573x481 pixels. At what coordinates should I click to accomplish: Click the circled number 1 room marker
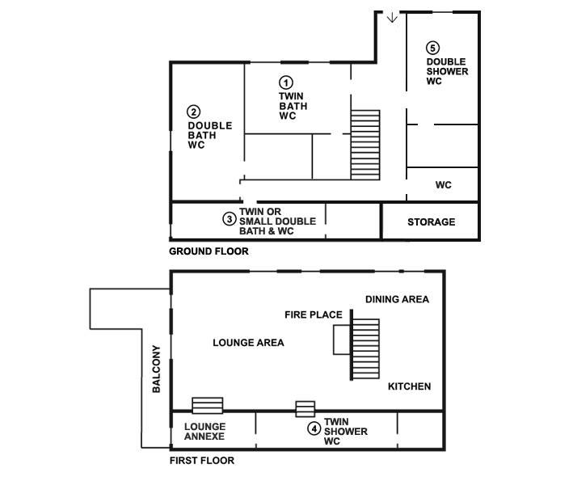coord(286,82)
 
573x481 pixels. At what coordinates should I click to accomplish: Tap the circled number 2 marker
coord(194,112)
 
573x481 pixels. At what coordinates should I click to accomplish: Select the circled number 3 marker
coord(230,219)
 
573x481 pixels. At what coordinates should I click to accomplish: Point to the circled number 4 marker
coord(314,428)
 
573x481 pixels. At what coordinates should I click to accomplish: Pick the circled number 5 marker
coord(432,48)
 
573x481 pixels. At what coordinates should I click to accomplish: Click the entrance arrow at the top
coord(392,17)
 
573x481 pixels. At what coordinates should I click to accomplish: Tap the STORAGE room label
coord(432,222)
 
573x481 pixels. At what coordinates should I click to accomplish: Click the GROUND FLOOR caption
coord(209,251)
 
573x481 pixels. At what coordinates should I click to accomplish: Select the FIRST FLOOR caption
coord(202,461)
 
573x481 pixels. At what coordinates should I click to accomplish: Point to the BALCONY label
coord(156,369)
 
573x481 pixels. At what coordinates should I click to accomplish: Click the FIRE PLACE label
coord(314,314)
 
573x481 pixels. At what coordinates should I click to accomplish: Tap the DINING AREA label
coord(398,299)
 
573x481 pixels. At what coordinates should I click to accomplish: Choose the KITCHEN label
coord(409,386)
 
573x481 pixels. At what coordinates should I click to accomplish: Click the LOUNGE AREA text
coord(248,343)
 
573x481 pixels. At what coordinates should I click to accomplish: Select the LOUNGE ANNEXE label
coord(204,432)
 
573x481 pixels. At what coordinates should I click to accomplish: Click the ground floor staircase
coord(365,145)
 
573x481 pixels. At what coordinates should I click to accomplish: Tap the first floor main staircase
coord(365,349)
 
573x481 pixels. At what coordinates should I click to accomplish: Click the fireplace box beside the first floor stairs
coord(342,340)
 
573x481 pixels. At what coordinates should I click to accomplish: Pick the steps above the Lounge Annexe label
coord(208,405)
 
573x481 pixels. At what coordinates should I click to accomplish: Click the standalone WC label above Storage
coord(443,185)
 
